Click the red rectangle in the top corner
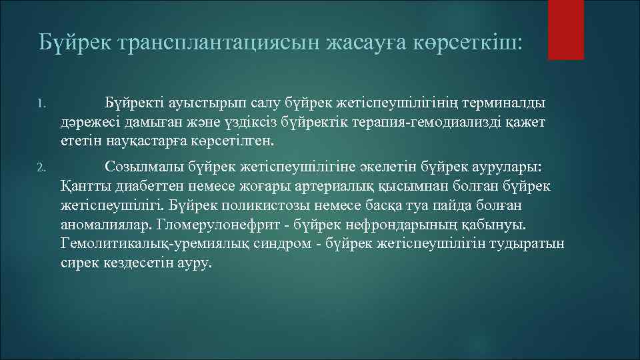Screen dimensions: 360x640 [x=565, y=29]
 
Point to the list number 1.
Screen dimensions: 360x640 [x=41, y=104]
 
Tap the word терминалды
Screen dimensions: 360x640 [x=507, y=103]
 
